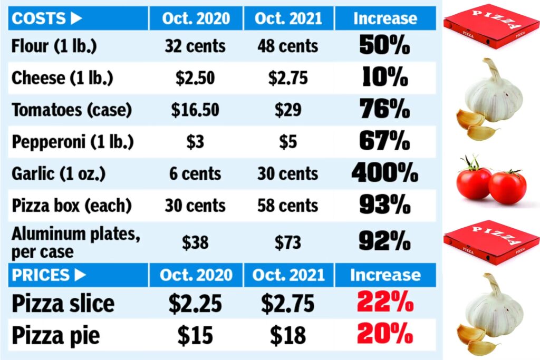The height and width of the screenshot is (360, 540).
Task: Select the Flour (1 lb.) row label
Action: (x=54, y=46)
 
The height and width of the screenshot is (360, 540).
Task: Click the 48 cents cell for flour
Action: (x=288, y=46)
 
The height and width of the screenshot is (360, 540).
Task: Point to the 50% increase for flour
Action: (x=384, y=46)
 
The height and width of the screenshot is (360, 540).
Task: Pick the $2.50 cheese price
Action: (x=195, y=78)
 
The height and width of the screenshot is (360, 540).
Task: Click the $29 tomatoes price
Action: (x=288, y=110)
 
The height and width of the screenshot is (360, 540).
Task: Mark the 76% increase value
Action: (x=384, y=110)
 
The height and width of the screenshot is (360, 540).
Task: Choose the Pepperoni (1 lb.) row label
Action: (x=72, y=142)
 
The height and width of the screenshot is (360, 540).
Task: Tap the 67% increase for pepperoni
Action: (x=384, y=142)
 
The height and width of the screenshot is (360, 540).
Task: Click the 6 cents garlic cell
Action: (x=195, y=173)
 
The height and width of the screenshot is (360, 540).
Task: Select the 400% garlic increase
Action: (x=384, y=173)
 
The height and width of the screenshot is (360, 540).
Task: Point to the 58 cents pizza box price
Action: (x=288, y=205)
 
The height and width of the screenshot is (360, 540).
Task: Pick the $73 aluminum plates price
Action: (x=288, y=242)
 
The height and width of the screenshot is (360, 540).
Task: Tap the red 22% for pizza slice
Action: (x=384, y=303)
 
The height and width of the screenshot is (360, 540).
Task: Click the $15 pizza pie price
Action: (x=195, y=335)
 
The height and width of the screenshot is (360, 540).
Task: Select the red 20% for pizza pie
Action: (x=384, y=335)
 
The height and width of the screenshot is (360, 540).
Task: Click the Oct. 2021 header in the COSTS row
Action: (x=288, y=18)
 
